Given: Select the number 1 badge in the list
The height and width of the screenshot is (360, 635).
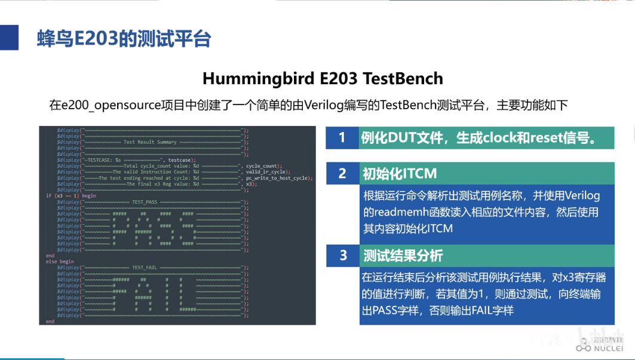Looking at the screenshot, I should (342, 138).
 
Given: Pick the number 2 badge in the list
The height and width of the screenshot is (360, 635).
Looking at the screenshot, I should (342, 173).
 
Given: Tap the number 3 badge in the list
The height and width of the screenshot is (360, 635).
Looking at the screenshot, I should (343, 256).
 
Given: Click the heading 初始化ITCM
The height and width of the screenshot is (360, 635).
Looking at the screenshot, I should (400, 174).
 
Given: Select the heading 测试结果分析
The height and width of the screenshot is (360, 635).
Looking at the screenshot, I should (403, 256).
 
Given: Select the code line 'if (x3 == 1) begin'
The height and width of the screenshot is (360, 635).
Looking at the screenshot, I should (71, 196).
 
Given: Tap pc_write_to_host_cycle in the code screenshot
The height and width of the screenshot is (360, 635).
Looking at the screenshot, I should (279, 178).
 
